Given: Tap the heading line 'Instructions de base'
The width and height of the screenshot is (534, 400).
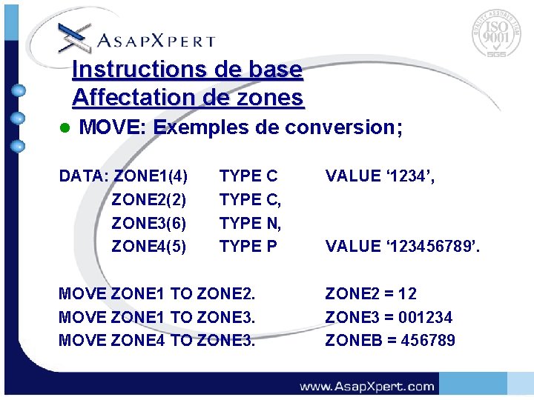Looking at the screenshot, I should [188, 70].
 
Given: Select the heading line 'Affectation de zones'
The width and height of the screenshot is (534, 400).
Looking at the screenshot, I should [188, 97].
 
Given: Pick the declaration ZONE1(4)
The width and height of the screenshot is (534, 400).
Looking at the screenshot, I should [151, 176].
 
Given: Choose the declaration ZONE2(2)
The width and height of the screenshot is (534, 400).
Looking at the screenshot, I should [148, 199].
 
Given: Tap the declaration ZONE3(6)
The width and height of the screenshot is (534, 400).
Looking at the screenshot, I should [148, 223].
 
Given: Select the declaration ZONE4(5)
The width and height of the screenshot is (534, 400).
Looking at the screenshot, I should [148, 246].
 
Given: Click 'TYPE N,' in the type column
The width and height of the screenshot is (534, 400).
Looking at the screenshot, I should [251, 223].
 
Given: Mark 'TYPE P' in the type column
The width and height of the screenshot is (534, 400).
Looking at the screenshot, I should [248, 246].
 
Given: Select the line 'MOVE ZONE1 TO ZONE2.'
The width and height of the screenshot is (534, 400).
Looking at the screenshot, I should [156, 293].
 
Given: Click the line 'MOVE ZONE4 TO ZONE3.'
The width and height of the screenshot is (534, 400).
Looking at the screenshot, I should [156, 341].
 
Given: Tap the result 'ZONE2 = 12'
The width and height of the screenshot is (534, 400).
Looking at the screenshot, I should [371, 293].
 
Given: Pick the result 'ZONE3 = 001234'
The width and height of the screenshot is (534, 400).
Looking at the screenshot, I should [389, 317].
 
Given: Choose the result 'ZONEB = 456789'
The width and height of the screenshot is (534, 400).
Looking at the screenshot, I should [390, 341].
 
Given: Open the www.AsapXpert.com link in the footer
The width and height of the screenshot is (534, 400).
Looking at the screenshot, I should [366, 386].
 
